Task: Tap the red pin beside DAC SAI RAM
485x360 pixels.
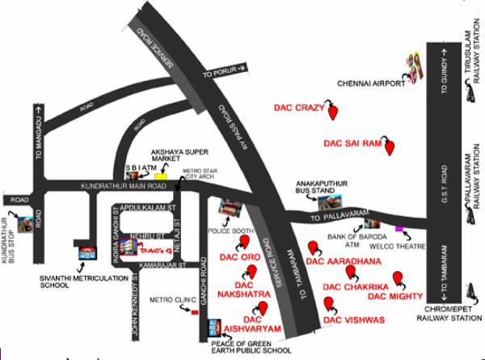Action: point(392,149)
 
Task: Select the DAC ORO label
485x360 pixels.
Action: point(239,257)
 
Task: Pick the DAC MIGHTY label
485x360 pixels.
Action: point(394,297)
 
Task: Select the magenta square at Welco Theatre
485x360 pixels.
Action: point(399,230)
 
